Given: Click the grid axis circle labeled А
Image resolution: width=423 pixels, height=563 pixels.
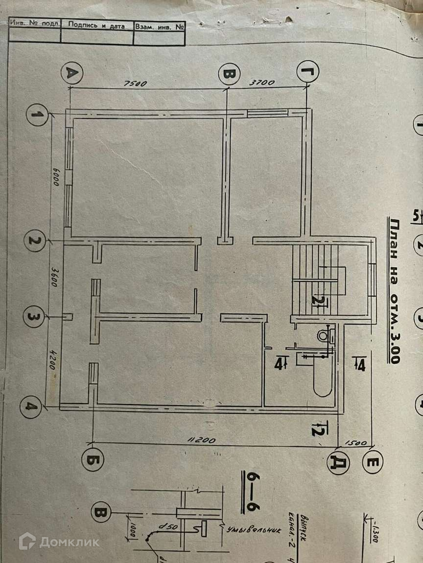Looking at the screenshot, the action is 72,73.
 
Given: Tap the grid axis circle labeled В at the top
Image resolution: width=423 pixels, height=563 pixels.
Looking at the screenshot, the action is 229,74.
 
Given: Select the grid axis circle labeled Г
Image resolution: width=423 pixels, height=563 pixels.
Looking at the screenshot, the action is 308,73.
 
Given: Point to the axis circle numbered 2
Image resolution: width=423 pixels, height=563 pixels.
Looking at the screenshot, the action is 35,241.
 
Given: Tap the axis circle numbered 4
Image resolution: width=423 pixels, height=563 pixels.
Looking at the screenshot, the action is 30,405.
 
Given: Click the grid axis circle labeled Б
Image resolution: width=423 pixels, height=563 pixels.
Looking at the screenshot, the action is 93,460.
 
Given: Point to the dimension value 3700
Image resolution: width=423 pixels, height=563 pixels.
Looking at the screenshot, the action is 261,83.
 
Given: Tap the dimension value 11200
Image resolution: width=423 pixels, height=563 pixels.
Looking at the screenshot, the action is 201,440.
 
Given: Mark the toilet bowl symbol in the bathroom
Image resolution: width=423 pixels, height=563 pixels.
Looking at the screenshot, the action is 324,336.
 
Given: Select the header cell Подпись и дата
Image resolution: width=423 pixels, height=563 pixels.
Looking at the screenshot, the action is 97,26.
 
